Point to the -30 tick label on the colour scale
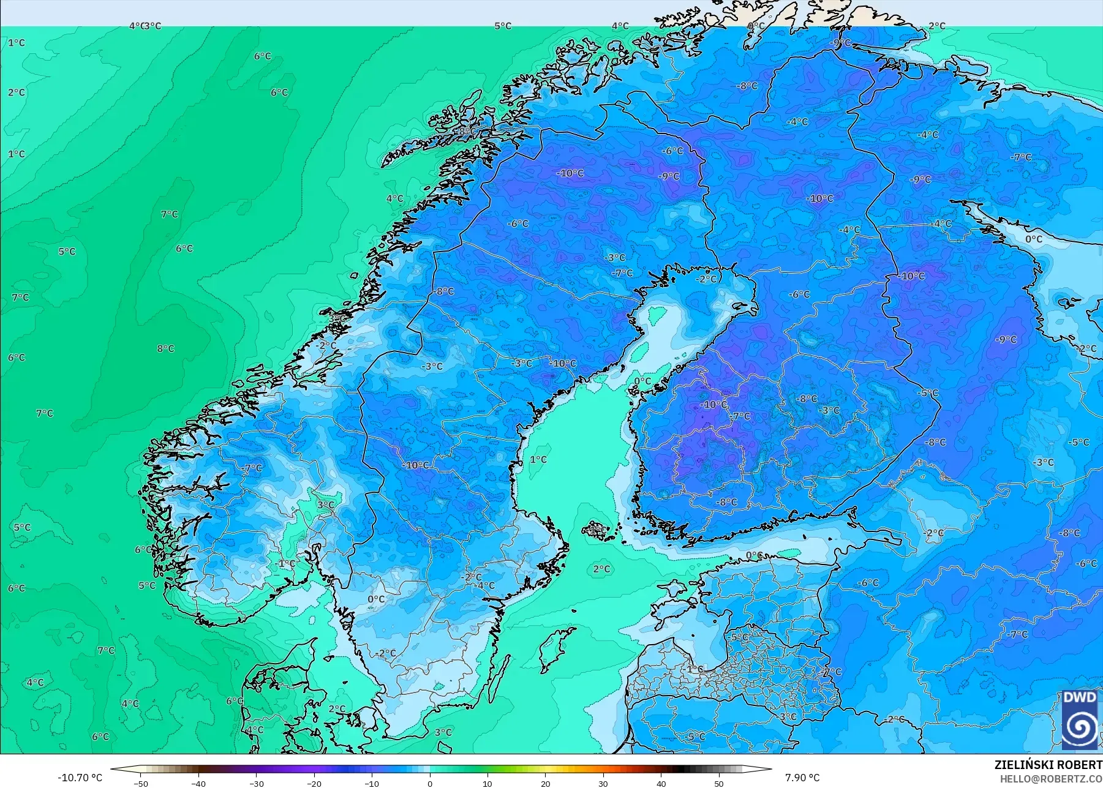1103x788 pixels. point(256,783)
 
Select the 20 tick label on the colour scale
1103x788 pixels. point(545,783)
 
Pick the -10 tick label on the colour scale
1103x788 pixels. point(371,783)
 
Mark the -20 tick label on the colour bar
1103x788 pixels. point(314,783)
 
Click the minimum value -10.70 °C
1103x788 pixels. point(80,778)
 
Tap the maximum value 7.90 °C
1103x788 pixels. point(802,778)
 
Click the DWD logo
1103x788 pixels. point(1080,719)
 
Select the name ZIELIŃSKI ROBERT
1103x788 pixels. point(1048,765)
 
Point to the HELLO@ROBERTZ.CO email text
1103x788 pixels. point(1051,779)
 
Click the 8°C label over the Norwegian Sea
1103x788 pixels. point(165,348)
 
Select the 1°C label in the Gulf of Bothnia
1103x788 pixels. point(538,459)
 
